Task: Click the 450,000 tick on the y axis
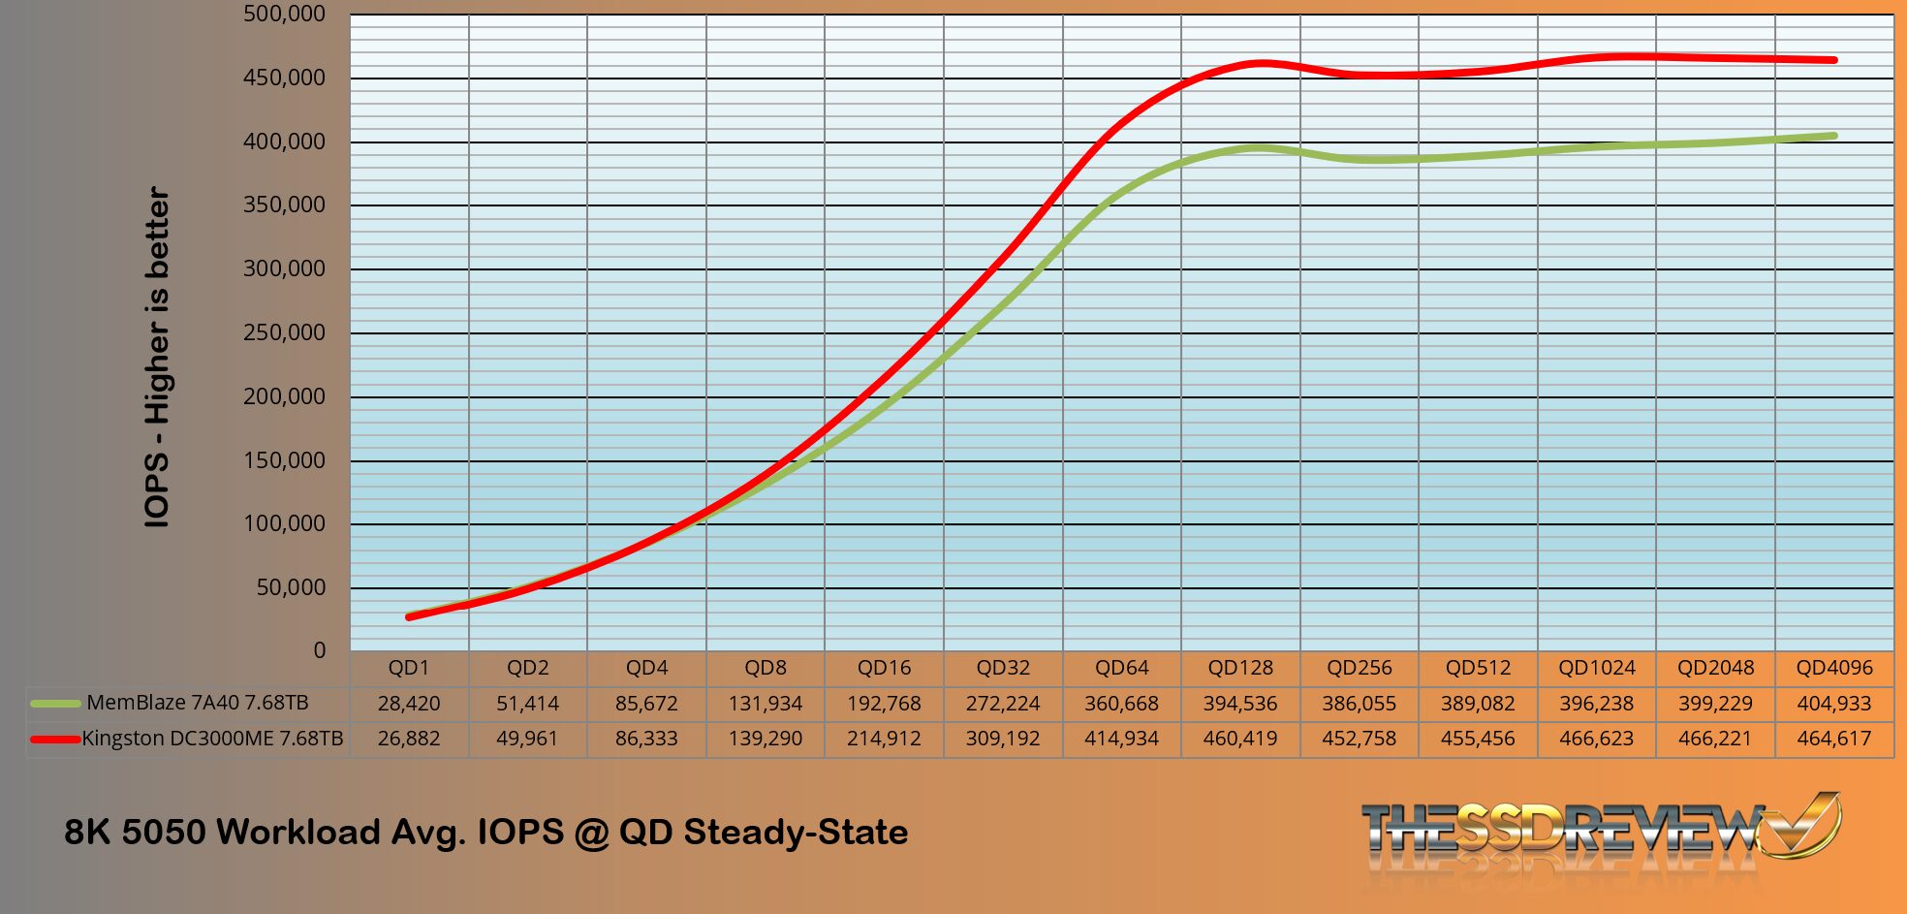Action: [284, 78]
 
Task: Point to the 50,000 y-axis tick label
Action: [291, 587]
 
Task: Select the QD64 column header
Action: [1121, 668]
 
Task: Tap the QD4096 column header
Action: [1833, 668]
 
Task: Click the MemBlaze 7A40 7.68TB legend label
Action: [198, 703]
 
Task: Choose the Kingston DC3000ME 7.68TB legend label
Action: [212, 739]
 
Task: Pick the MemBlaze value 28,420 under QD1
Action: [409, 704]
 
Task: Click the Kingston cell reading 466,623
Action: [1596, 739]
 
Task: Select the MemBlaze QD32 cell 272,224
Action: [1002, 704]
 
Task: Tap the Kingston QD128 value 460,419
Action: [1240, 739]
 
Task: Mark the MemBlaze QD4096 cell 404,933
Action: [1833, 704]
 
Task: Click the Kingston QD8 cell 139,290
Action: [765, 739]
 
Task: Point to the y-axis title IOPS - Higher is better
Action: [157, 358]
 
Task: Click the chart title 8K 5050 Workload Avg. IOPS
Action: [485, 832]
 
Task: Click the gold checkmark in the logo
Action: [1804, 824]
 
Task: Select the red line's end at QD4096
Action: [1833, 60]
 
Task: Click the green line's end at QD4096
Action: [1833, 136]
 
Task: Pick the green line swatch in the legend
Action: [55, 704]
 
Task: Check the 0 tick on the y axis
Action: [320, 650]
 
